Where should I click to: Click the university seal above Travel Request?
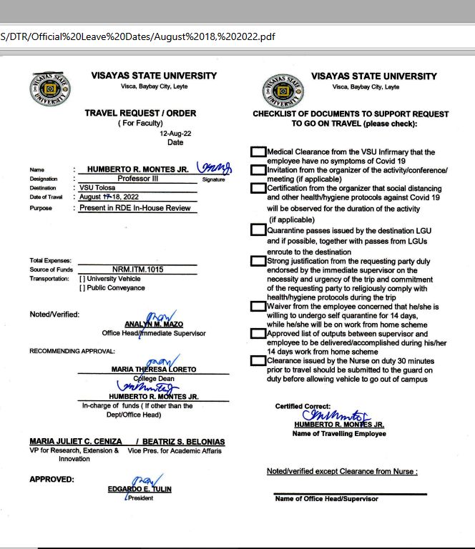click(50, 89)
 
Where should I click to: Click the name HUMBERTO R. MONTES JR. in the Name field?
click(138, 169)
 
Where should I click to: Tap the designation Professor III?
click(138, 179)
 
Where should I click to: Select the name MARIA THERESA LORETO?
click(154, 369)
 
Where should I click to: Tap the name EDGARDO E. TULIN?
click(139, 489)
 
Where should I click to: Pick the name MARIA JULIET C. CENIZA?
click(75, 442)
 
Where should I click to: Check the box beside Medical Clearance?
click(258, 152)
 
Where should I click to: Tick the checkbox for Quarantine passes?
click(258, 230)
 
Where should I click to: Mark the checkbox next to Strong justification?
click(258, 261)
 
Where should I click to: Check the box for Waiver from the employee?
click(258, 307)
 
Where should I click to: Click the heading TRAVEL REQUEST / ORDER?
click(140, 113)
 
